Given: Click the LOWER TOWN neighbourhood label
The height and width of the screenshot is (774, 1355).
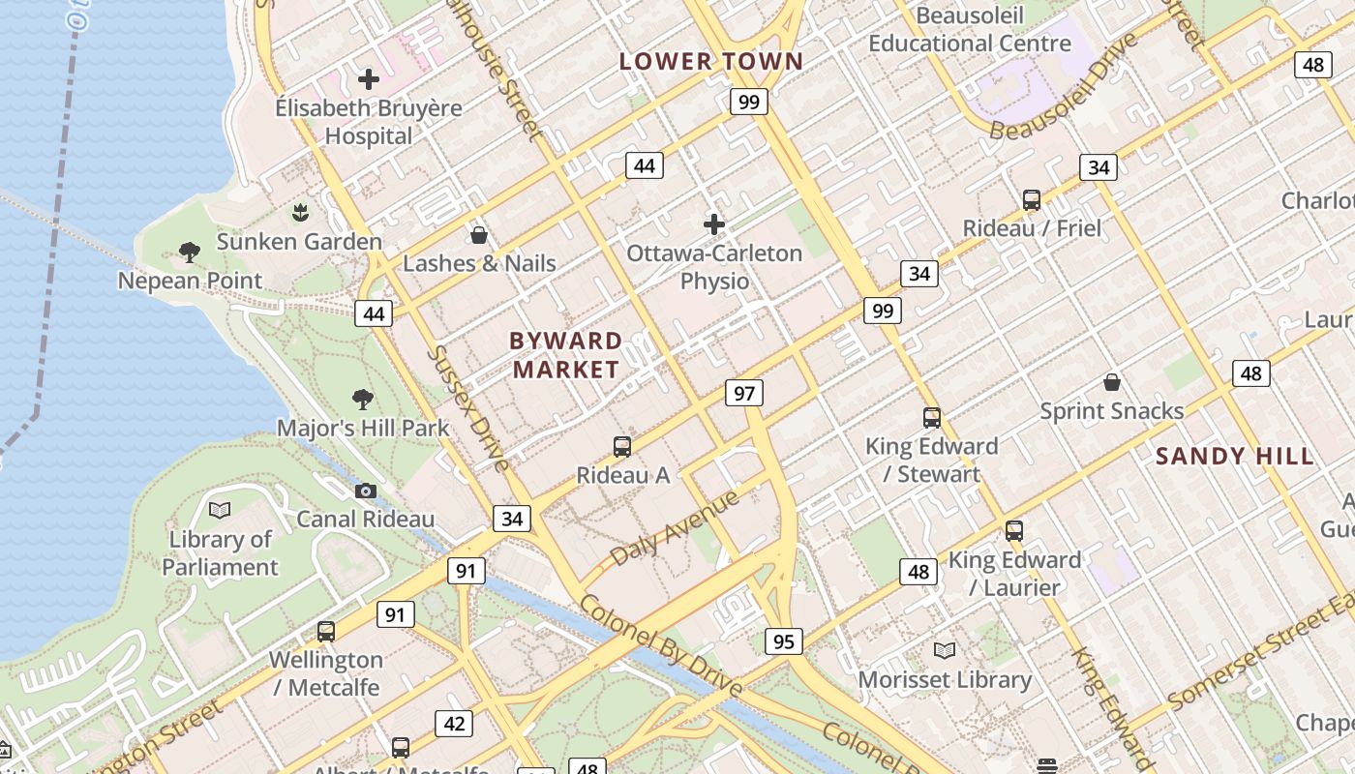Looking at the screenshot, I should pos(711,61).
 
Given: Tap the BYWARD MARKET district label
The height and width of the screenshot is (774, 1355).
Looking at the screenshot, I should pos(566,355).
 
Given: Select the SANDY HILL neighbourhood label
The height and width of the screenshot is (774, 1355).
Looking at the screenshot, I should pos(1235,456).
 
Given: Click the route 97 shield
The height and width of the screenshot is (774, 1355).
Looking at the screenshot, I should pos(744,393).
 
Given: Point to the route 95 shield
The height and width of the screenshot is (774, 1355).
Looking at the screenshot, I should pos(783,640).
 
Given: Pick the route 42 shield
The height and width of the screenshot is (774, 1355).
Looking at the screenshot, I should pos(454,723).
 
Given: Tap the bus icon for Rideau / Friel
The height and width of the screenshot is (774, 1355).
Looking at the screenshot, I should pos(1032,200).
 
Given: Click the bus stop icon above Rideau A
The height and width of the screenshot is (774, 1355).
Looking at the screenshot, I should pos(622,447).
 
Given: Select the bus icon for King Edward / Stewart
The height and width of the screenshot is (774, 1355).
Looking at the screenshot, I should pos(931,418).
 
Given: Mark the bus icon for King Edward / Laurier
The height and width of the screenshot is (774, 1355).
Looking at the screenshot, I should pos(1014,531).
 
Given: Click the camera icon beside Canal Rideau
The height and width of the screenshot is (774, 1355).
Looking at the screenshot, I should pos(366,491).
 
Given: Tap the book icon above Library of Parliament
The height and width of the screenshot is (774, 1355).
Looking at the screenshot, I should pos(220,510).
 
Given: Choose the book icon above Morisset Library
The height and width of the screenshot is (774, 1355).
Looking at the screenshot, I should pos(944,651).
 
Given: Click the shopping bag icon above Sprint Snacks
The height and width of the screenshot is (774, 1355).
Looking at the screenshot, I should pos(1112,382).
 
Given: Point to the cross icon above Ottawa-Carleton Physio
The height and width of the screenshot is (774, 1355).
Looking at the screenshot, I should pos(714,224).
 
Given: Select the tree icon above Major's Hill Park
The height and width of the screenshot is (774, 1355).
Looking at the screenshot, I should pos(363,399).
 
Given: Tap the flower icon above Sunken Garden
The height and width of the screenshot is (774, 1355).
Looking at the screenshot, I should pos(300,212).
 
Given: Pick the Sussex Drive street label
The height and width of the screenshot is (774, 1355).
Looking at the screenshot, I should pos(468,407).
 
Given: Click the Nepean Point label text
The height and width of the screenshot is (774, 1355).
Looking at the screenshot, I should pos(190,281).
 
